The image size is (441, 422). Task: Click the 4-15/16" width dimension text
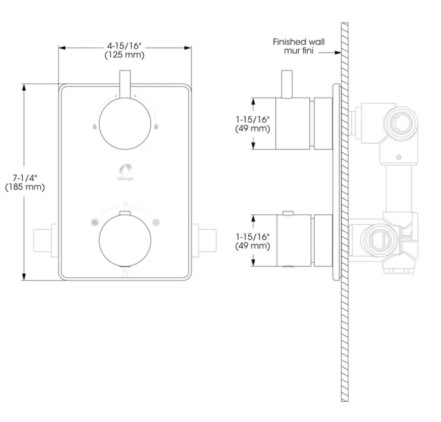(125, 45)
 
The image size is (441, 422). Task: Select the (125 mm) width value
(125, 55)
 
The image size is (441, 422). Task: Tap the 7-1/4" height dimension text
(25, 178)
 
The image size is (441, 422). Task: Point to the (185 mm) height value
(25, 188)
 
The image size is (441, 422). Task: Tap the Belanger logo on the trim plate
(125, 172)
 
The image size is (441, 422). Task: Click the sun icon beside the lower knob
(94, 223)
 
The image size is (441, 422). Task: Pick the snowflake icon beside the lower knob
(156, 223)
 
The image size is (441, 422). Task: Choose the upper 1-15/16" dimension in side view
(253, 119)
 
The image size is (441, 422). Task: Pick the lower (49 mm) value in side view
(253, 245)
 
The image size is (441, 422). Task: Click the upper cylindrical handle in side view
(294, 123)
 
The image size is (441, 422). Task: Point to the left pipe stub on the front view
(45, 239)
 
